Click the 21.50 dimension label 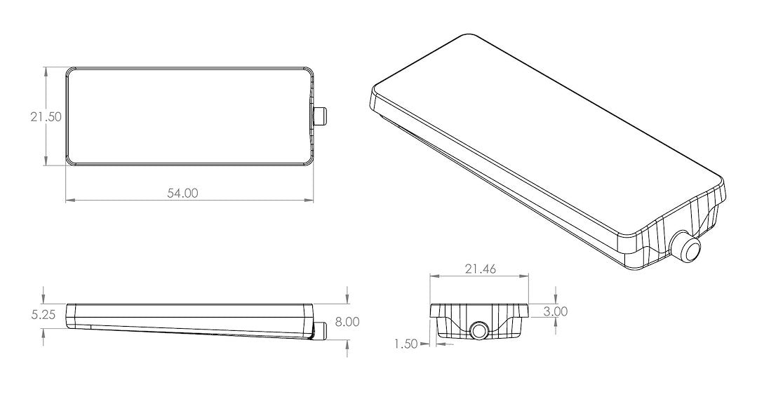click(46, 117)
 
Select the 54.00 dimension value click(182, 193)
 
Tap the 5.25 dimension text click(43, 315)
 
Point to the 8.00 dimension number click(347, 322)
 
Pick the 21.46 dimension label click(480, 269)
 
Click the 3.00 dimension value click(556, 311)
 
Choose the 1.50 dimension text click(406, 344)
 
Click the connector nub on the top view click(321, 116)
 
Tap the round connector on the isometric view click(686, 247)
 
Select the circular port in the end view click(479, 330)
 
